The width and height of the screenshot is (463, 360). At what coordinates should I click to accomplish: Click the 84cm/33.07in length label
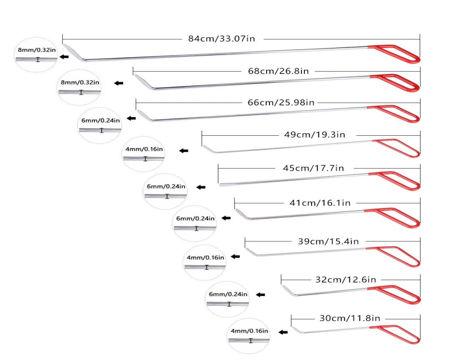pos(222,39)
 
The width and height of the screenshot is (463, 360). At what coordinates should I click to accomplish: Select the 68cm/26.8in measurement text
pos(278,71)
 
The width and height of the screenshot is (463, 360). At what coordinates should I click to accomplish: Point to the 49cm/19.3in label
pos(314,134)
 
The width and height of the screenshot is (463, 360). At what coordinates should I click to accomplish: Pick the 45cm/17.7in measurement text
pos(310,168)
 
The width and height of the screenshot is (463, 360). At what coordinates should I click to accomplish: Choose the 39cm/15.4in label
pos(328,241)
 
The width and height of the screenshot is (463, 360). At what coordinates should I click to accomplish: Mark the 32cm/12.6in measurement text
pos(345,279)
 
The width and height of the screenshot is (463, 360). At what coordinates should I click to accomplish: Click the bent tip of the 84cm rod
pos(74,52)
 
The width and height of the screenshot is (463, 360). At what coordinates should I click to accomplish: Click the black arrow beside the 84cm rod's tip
pos(64,57)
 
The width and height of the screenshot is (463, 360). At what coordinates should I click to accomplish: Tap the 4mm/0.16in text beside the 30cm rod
pos(249,331)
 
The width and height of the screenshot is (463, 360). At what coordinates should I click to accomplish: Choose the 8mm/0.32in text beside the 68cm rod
pos(80,82)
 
